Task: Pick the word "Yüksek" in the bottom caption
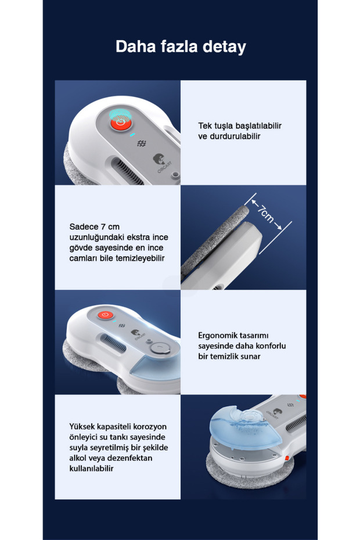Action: [82, 427]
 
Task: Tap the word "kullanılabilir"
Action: [91, 469]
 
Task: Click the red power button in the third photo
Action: [105, 315]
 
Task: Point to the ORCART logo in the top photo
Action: [162, 164]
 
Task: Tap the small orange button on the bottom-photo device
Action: [286, 458]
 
